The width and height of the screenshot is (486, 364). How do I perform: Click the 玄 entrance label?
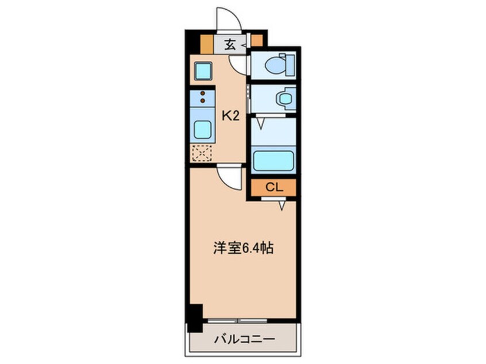(x=229, y=45)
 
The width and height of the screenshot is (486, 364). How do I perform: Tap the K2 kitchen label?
(x=230, y=116)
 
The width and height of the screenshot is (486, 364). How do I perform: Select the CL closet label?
(x=274, y=187)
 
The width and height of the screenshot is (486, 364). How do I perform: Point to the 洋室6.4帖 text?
(x=243, y=248)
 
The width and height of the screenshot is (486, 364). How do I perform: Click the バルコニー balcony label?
(x=245, y=339)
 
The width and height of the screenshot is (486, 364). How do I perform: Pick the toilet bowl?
(x=275, y=65)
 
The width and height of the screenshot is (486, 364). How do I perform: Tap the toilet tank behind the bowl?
(x=290, y=65)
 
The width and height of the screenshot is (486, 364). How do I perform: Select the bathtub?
(x=273, y=160)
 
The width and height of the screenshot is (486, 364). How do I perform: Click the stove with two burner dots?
(x=203, y=98)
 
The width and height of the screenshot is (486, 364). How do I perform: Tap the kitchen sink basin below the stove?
(x=203, y=130)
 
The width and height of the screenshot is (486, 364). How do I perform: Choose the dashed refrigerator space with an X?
(x=202, y=153)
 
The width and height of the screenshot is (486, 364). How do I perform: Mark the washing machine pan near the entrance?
(x=203, y=71)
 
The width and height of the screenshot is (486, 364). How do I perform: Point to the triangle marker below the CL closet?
(x=281, y=206)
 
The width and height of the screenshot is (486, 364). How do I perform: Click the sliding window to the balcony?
(x=237, y=320)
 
